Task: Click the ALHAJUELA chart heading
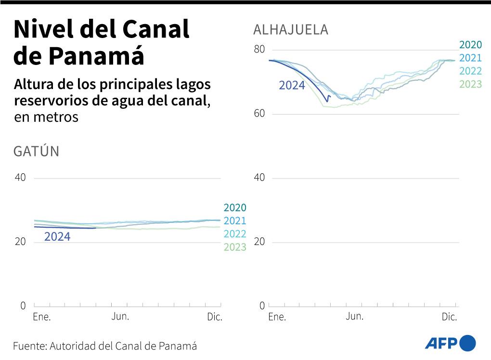tap(290, 30)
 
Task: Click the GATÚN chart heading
tap(36, 152)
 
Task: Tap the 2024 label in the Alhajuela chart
tap(292, 86)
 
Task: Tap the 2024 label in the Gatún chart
tap(57, 237)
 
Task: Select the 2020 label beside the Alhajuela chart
tap(470, 45)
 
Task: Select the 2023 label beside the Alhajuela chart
tap(470, 84)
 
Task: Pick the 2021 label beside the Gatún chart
tap(234, 221)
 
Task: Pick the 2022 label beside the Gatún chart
tap(234, 234)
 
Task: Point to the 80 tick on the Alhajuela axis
tap(258, 50)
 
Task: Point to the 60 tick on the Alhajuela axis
tap(258, 114)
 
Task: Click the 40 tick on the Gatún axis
tap(20, 178)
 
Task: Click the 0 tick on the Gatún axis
tap(23, 306)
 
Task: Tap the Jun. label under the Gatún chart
tap(120, 316)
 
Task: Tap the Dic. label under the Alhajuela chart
tap(449, 317)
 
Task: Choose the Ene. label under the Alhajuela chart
tap(277, 317)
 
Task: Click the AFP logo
tap(450, 343)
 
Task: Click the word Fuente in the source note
tap(28, 346)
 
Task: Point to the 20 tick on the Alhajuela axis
tap(258, 242)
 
